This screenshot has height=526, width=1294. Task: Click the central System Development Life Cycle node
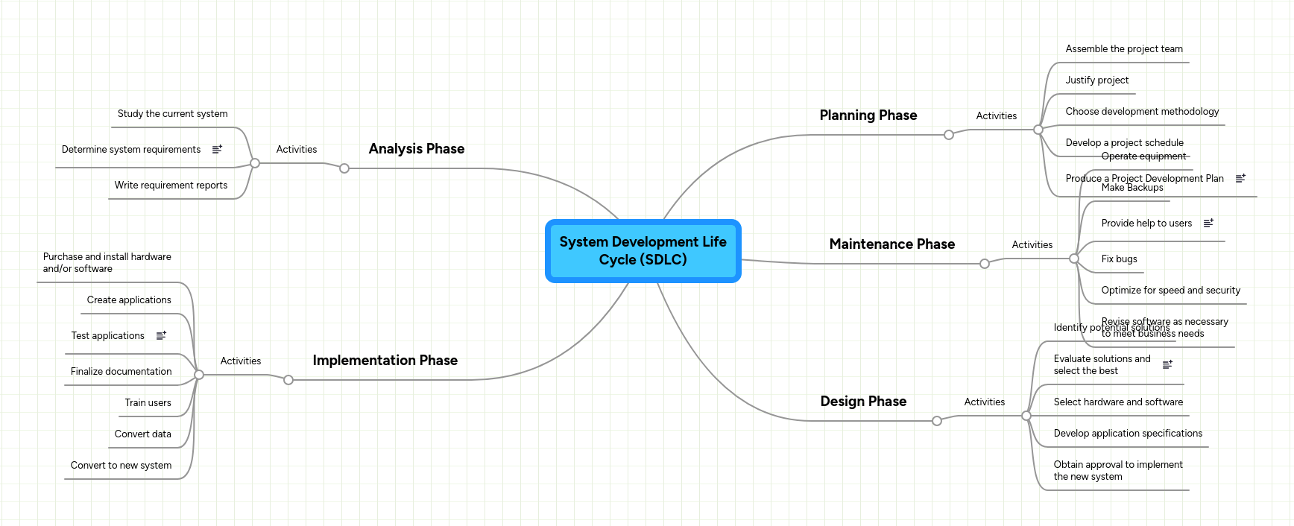click(643, 251)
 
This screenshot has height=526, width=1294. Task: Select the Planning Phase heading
click(868, 115)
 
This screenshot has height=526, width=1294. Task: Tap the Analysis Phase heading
click(416, 149)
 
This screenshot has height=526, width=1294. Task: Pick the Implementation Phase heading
click(385, 361)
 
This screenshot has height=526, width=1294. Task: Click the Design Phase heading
click(863, 402)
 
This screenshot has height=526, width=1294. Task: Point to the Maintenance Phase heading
click(891, 244)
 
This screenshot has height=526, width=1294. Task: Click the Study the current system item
click(172, 114)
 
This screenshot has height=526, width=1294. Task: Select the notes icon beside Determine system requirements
click(217, 150)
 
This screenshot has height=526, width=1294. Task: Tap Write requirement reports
click(171, 186)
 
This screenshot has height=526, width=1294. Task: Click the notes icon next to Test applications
click(161, 336)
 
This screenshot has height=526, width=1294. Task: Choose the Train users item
click(148, 403)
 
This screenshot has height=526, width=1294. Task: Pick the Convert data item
click(142, 434)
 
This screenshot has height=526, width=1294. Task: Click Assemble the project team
click(1123, 49)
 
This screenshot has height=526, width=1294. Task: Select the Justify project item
click(1096, 80)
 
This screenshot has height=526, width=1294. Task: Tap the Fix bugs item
click(1119, 259)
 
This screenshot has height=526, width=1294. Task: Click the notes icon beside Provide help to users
click(1208, 224)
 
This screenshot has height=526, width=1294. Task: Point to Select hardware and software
click(1117, 402)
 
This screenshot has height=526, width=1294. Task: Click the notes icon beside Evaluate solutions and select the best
click(1167, 364)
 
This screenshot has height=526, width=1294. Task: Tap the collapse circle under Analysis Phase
click(344, 168)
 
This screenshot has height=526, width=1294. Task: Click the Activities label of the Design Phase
click(984, 402)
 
